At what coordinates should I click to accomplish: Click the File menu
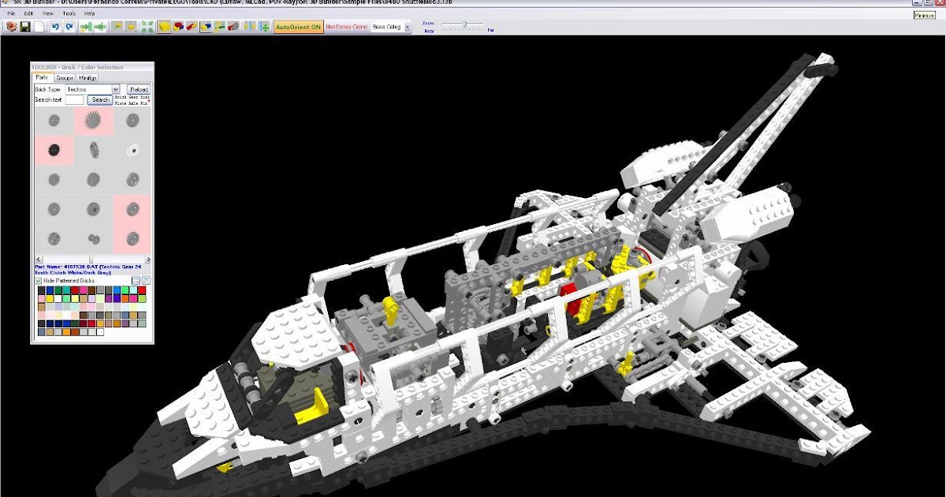[11, 13]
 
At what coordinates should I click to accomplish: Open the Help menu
[89, 13]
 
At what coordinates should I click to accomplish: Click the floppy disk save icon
[25, 27]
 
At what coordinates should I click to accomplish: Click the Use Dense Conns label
[347, 27]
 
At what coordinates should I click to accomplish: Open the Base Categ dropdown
[391, 27]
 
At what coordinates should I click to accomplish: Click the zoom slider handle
[464, 24]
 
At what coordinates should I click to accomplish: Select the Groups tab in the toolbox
[65, 78]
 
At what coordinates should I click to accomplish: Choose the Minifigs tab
[88, 78]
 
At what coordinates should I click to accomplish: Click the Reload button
[139, 89]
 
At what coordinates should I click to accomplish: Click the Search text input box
[74, 100]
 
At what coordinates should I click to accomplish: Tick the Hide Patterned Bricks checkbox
[39, 281]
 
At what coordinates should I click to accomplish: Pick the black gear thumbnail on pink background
[54, 150]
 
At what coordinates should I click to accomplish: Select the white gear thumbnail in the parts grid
[132, 150]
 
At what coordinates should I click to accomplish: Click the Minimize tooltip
[924, 14]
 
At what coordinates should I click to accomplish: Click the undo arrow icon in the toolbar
[55, 27]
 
